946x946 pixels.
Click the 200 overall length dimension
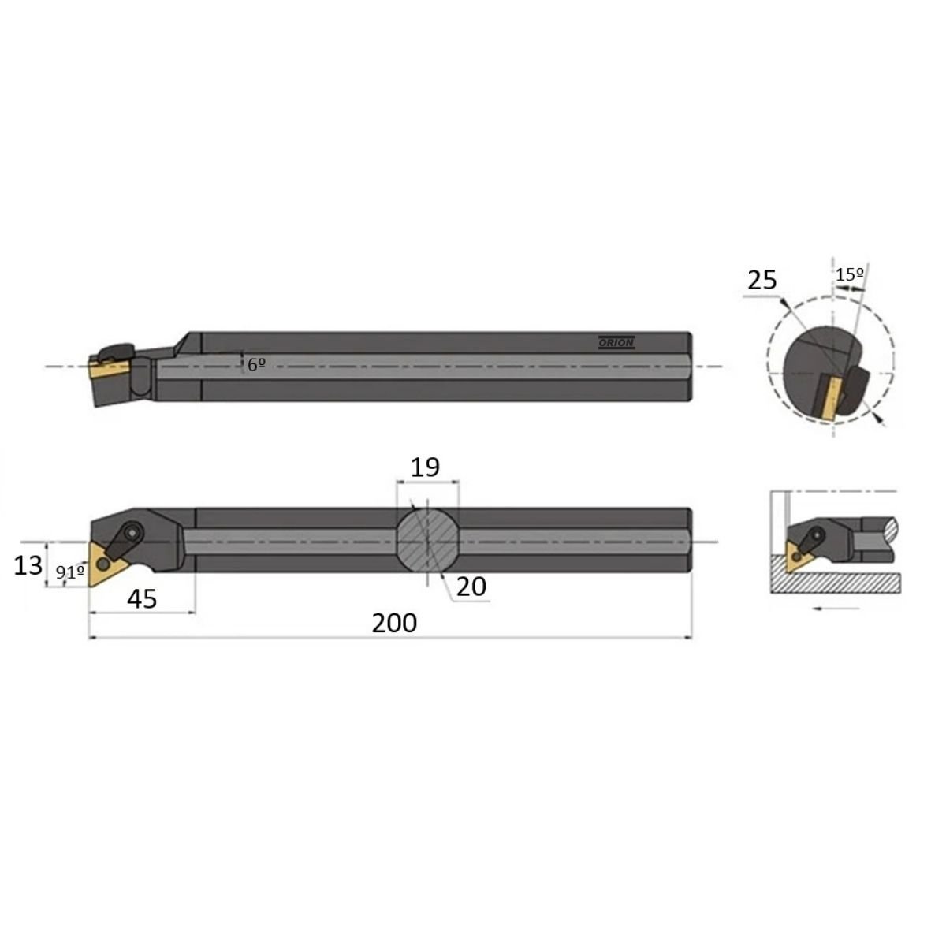point(394,624)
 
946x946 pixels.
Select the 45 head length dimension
point(142,599)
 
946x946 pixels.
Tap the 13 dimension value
point(28,565)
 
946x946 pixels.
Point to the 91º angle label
point(70,572)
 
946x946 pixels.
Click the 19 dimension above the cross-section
point(425,467)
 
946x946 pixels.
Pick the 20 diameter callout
point(471,587)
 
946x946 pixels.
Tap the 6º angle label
point(256,365)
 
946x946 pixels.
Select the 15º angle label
point(850,274)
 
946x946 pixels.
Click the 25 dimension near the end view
point(762,281)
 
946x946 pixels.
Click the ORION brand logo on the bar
point(616,343)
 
